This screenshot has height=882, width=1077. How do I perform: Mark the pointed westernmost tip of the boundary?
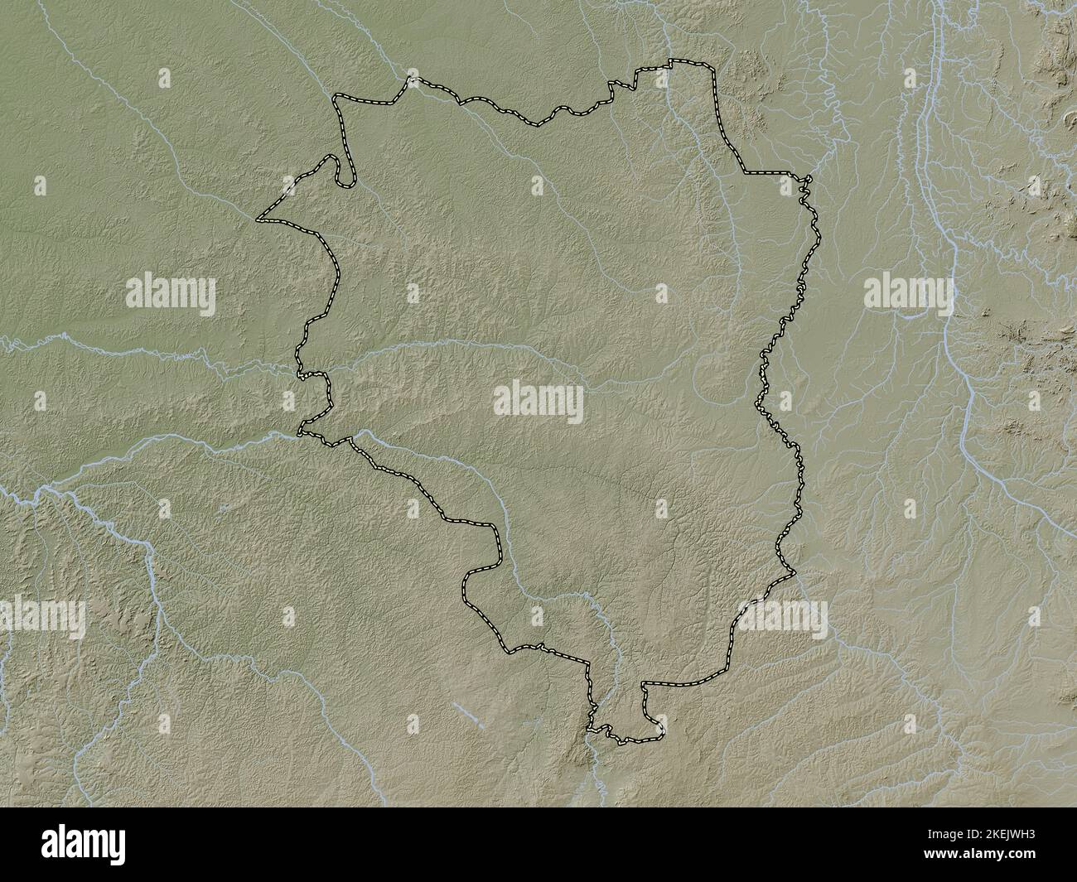(258, 220)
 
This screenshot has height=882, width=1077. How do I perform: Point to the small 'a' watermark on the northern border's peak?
(660, 79)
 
